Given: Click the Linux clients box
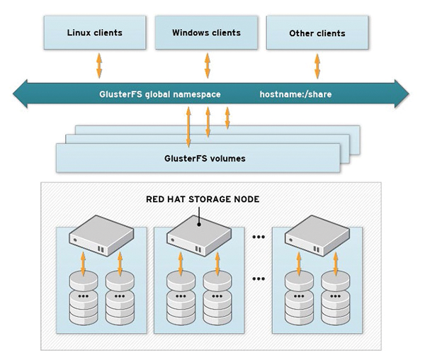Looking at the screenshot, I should click(94, 33).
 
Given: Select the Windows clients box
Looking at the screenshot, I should click(206, 33).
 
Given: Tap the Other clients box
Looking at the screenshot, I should click(317, 33).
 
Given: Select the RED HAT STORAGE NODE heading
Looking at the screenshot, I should click(203, 199).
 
